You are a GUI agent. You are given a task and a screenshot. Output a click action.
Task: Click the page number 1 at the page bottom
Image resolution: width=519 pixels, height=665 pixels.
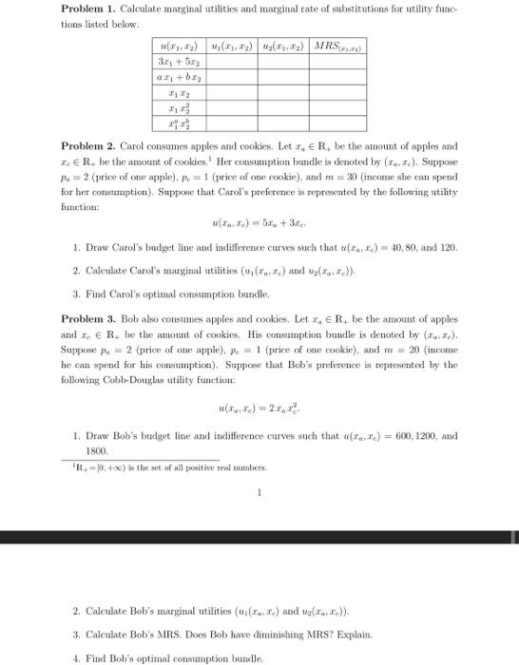259,492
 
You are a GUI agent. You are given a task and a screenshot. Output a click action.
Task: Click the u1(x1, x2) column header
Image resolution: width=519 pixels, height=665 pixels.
233,47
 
